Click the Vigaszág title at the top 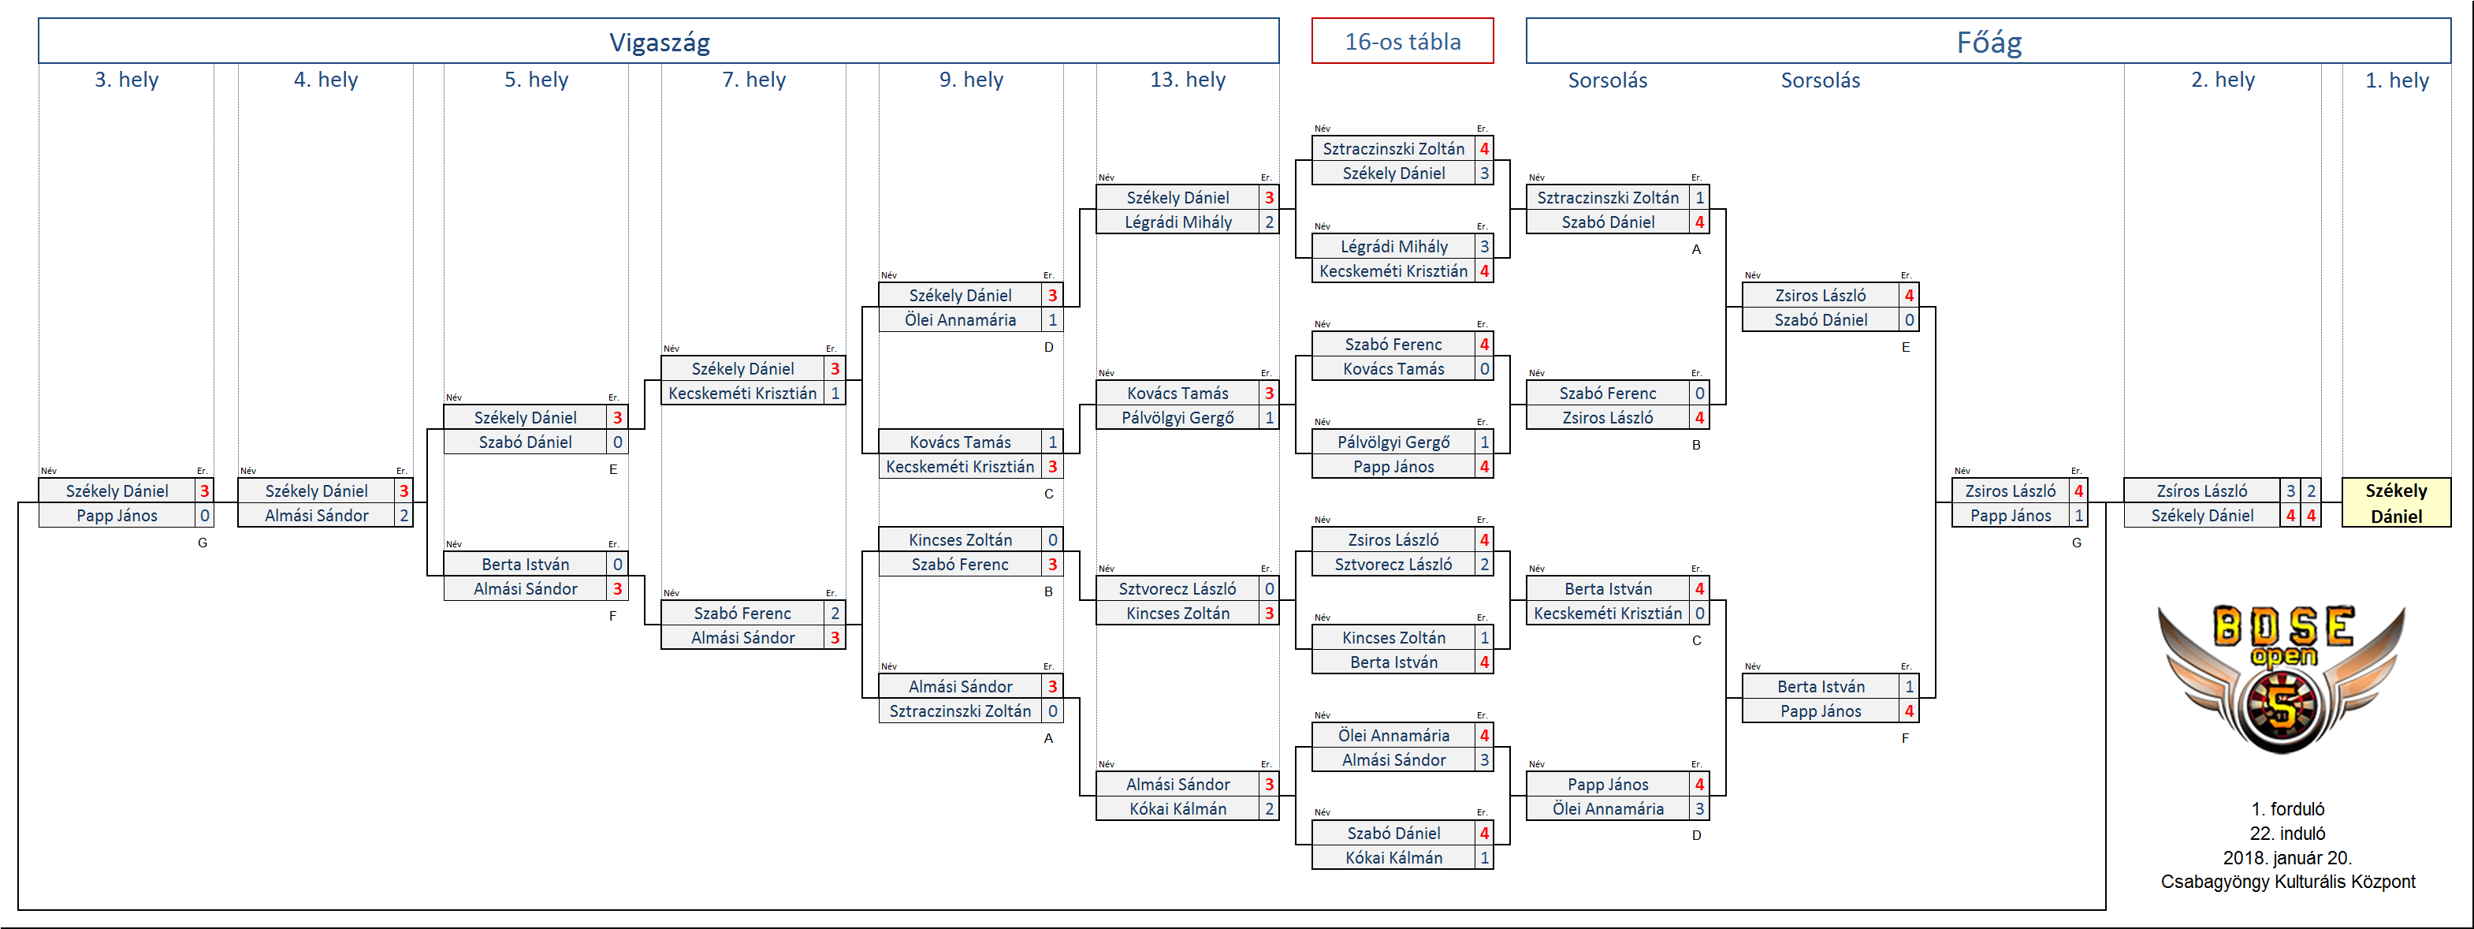660,43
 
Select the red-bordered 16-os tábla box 1402,41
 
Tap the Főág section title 1989,43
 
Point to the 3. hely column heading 126,80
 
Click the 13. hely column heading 1187,80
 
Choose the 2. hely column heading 2223,80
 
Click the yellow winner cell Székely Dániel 2396,502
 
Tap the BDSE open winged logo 2282,678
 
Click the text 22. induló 2288,833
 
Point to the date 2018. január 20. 2288,858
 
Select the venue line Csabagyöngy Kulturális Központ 2288,882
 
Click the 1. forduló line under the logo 2288,809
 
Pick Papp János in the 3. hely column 117,516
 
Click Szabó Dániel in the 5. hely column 526,442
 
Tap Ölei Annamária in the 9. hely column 961,320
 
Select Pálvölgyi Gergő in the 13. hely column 1177,418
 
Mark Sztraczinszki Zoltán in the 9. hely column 961,711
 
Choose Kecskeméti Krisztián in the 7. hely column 742,393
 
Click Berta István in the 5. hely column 526,564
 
